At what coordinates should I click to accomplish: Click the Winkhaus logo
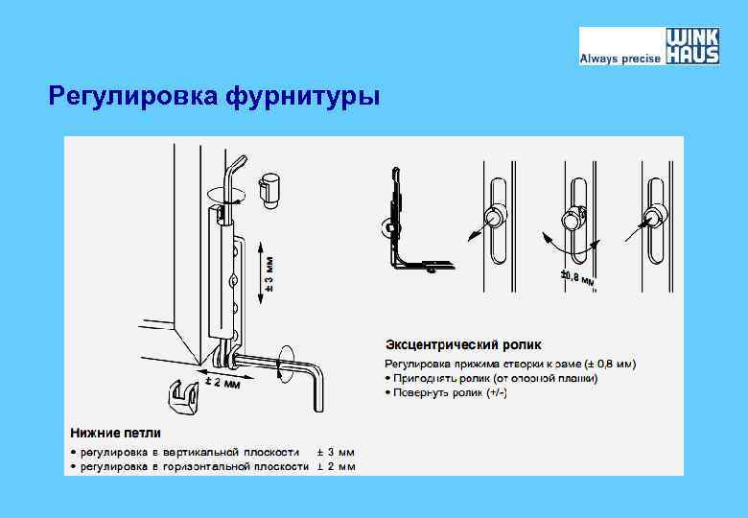coord(692,45)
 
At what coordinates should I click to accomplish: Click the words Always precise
coord(619,59)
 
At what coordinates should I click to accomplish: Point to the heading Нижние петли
coord(114,433)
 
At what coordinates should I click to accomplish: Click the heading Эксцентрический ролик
coord(463,343)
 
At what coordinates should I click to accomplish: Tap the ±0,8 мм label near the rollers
coord(578,279)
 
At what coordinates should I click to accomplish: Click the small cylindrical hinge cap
coord(270,190)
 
